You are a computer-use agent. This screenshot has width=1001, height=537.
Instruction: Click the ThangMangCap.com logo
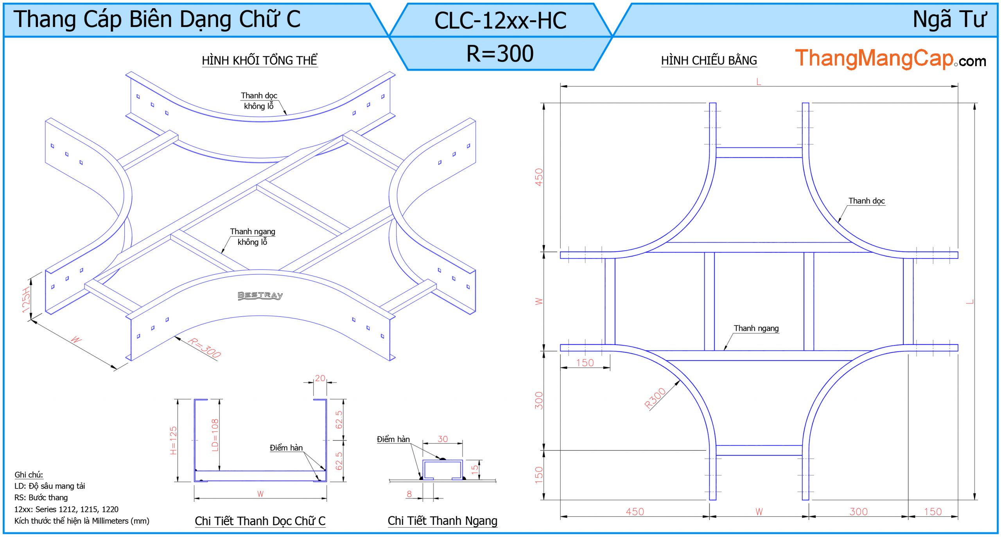pos(890,59)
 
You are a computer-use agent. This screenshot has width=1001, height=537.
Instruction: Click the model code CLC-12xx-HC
pos(500,21)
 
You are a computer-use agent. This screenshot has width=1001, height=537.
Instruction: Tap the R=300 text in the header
pos(500,54)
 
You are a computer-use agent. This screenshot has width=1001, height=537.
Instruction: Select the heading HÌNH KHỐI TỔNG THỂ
pos(259,61)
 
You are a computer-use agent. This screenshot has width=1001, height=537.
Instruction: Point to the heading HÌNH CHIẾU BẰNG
pos(709,61)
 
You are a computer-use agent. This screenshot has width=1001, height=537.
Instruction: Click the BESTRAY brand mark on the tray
pos(260,295)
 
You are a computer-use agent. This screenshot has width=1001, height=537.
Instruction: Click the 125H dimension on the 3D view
pos(26,300)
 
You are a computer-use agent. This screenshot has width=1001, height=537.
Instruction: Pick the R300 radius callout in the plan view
pos(655,398)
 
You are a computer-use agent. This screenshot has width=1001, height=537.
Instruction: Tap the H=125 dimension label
pos(173,440)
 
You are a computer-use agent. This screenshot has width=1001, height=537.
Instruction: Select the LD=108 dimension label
pos(215,435)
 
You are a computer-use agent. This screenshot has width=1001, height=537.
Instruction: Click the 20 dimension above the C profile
pos(320,378)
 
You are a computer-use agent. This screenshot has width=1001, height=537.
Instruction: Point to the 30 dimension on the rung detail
pos(443,439)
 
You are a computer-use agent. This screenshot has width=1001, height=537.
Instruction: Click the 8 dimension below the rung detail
pos(409,494)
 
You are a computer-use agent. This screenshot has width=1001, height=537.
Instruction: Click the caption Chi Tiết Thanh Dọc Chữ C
pos(260,521)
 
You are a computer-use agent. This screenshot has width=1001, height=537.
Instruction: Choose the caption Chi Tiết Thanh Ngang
pos(442,521)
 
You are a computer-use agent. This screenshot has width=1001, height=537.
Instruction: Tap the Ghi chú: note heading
pos(29,474)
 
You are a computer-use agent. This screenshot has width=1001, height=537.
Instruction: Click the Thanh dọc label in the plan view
pos(866,201)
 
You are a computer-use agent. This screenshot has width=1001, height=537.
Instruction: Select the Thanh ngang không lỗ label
pos(253,237)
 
